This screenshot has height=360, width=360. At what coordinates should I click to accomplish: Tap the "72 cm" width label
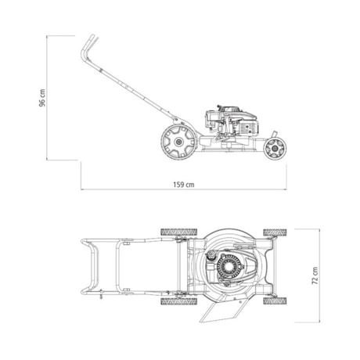click(x=315, y=275)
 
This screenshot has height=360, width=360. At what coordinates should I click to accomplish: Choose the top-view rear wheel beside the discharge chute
click(x=174, y=301)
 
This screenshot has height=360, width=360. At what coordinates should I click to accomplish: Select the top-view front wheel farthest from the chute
click(x=274, y=232)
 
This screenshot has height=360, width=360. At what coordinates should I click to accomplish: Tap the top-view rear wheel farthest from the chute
click(x=174, y=232)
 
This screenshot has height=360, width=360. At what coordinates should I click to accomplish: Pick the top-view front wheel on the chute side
click(x=274, y=301)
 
